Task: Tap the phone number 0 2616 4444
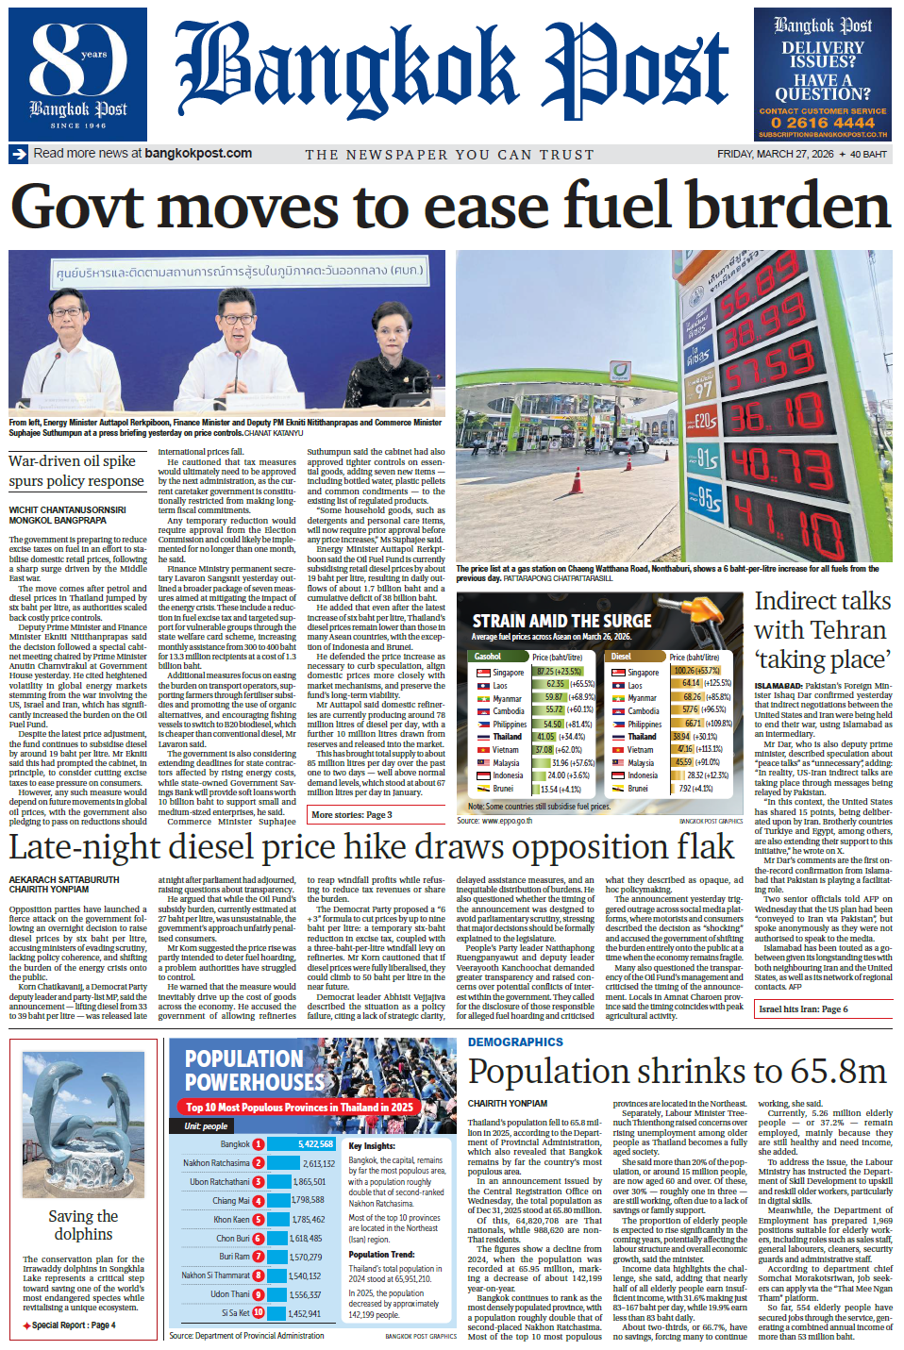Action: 823,123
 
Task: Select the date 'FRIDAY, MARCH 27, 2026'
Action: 775,154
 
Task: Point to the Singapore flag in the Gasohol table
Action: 482,673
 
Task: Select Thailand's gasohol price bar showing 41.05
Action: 545,737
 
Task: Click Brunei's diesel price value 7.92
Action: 684,789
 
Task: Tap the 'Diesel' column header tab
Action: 621,657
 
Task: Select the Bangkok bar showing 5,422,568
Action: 300,1143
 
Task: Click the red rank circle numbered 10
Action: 259,1312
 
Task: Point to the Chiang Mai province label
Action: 230,1200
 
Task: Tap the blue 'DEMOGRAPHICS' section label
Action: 515,1042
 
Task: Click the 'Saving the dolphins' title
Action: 83,1225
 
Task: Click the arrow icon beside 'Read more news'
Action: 19,154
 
